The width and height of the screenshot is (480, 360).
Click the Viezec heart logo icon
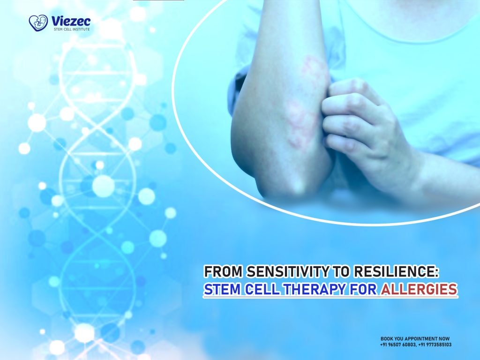[38, 22]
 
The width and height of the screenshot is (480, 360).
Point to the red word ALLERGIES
[419, 290]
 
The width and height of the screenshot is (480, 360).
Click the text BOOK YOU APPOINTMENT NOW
[415, 338]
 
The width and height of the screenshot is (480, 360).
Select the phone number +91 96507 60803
[398, 345]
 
